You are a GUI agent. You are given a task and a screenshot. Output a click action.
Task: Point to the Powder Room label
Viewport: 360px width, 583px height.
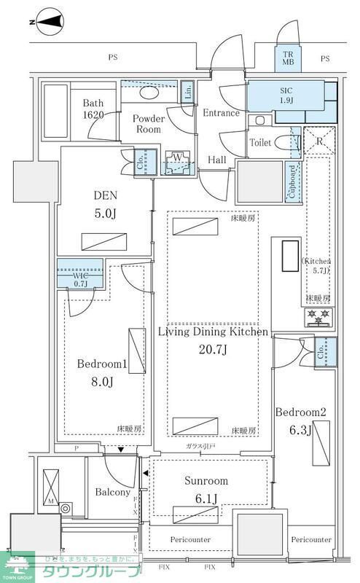point(148,125)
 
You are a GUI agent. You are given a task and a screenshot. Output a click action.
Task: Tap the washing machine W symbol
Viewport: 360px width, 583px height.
point(177,160)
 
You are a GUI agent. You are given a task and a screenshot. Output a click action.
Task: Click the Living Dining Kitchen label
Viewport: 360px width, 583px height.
point(214,340)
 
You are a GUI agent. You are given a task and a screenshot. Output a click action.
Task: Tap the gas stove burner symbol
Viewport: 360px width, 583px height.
point(317,316)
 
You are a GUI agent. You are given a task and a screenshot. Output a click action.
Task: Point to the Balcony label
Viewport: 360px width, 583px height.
point(113,492)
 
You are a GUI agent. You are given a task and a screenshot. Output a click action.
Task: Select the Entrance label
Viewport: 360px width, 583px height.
point(221,113)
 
